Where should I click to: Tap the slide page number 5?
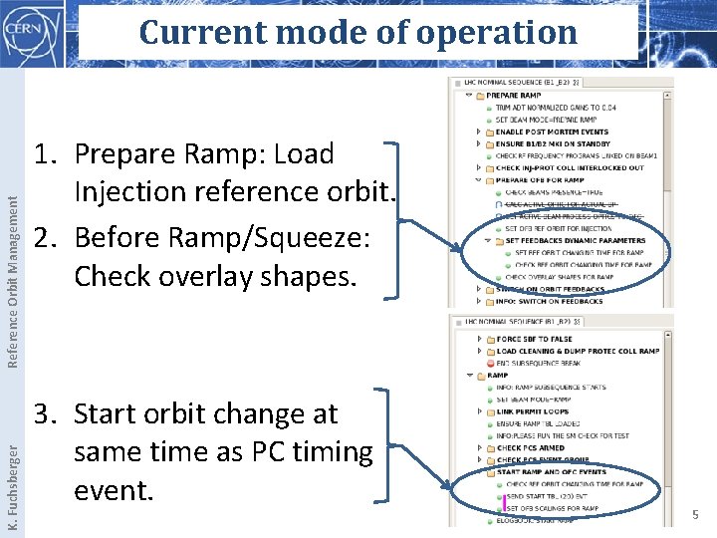(x=696, y=515)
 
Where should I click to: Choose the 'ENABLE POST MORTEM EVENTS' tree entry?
(x=552, y=132)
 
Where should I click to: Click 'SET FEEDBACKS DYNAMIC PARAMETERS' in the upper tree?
(x=575, y=240)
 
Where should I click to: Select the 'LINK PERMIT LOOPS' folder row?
(x=533, y=411)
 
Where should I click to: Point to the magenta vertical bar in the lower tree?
(x=505, y=502)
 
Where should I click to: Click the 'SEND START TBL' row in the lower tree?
(x=547, y=496)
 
